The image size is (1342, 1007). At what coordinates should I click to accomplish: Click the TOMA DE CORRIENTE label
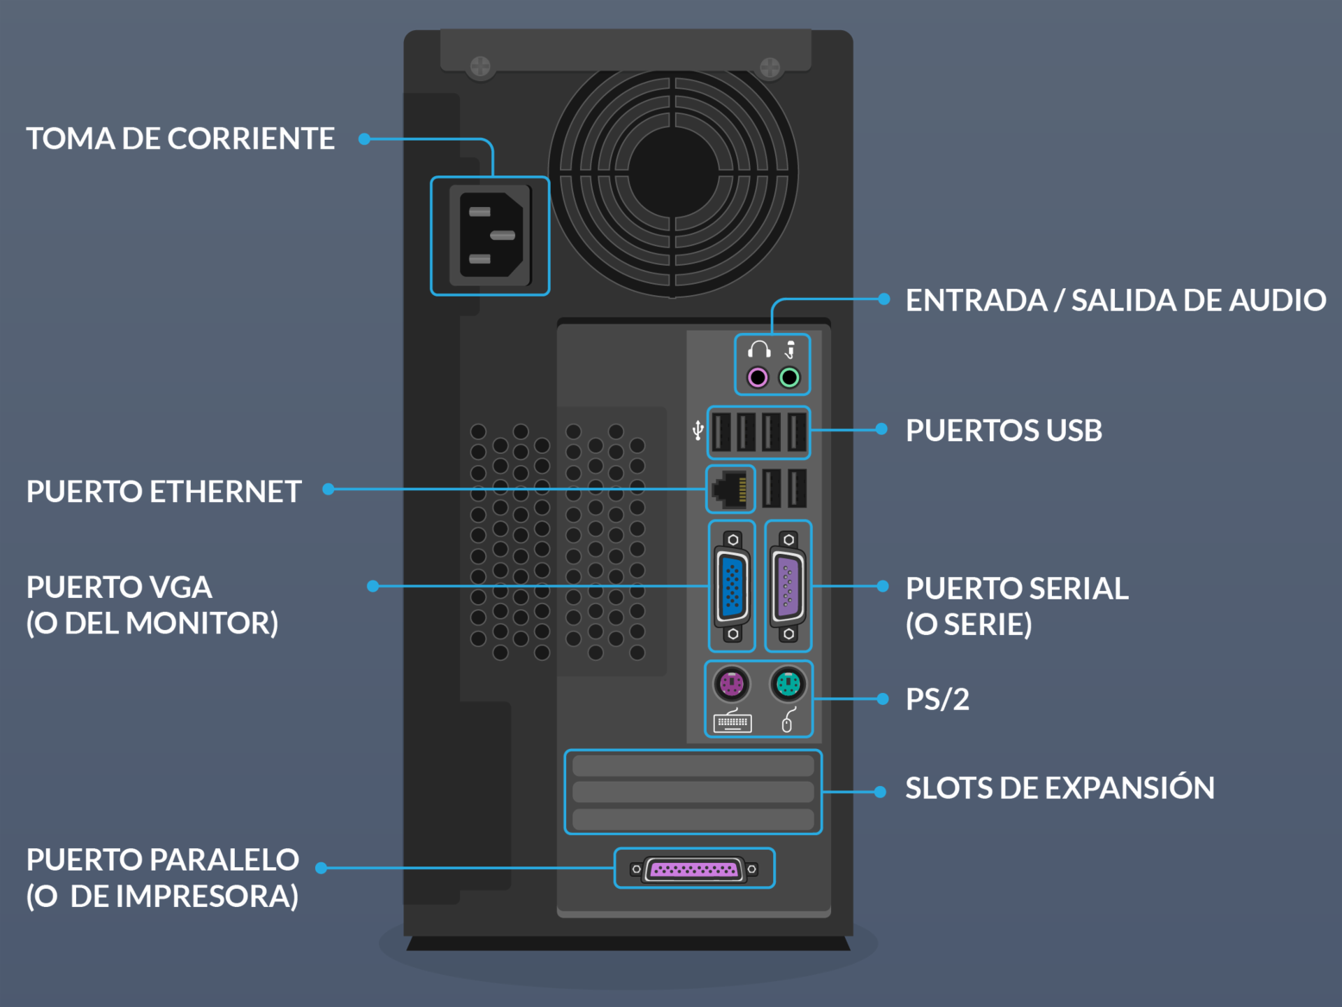[180, 138]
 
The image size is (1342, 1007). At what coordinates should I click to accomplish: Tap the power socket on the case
[491, 236]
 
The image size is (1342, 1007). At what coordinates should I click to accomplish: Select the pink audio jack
[758, 378]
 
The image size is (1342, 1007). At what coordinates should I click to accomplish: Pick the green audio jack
[789, 378]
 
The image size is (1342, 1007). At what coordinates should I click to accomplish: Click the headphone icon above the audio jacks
[759, 349]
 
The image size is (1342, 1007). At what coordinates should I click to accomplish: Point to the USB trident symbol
[698, 430]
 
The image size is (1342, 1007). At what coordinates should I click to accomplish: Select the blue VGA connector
[732, 586]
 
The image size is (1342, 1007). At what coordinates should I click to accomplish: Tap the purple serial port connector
[788, 586]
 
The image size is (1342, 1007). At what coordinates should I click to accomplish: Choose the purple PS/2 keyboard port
[731, 683]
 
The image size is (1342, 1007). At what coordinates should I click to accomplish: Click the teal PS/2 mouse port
[788, 683]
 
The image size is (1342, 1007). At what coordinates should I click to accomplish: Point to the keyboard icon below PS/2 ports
[732, 722]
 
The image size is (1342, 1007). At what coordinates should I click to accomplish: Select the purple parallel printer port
[693, 869]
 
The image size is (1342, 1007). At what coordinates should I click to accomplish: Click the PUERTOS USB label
[1004, 430]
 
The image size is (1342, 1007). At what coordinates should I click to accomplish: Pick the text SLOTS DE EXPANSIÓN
[1060, 788]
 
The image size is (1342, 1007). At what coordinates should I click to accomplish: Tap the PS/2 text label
[937, 699]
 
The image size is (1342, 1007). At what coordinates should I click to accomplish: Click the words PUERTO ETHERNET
[164, 492]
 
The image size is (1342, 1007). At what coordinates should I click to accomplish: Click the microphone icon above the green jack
[791, 349]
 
